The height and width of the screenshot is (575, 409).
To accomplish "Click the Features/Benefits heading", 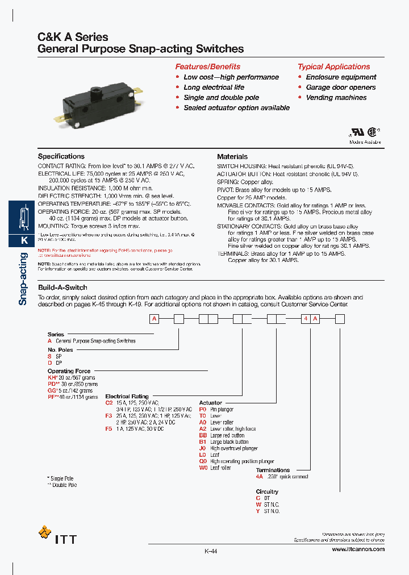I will [x=207, y=66].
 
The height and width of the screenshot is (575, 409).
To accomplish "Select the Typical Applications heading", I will [x=333, y=66].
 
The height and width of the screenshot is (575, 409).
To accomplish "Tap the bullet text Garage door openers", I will [x=340, y=88].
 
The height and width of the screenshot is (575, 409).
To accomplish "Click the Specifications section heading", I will [x=61, y=156].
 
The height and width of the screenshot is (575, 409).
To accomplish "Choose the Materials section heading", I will [x=232, y=156].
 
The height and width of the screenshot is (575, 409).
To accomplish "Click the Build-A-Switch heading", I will [x=62, y=287].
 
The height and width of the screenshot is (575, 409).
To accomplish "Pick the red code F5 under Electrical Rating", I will [x=109, y=429].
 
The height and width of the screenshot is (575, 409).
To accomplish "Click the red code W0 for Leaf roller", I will [x=203, y=468].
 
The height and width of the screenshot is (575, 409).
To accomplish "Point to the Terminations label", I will [x=273, y=470].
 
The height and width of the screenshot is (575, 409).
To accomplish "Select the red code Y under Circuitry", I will [x=258, y=511].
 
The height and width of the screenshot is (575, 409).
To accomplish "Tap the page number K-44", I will [x=211, y=551].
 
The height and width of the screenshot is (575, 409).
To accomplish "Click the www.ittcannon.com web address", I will [x=357, y=549].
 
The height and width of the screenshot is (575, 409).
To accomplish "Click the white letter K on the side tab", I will [x=24, y=240].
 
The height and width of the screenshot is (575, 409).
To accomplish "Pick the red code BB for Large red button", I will [x=203, y=435].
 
